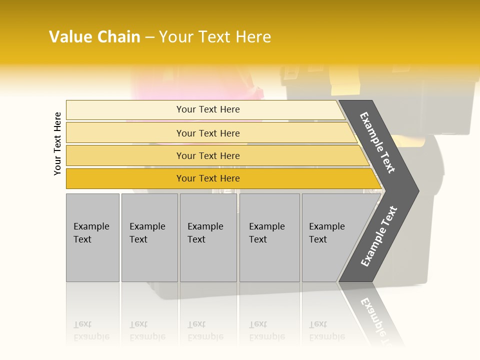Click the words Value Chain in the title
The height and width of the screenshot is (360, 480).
click(x=94, y=37)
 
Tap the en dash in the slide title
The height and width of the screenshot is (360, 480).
click(x=149, y=37)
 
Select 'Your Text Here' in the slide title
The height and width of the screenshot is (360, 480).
click(x=215, y=37)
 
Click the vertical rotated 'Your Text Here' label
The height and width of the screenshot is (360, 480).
click(x=57, y=144)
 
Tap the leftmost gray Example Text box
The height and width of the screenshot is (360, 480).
click(x=92, y=237)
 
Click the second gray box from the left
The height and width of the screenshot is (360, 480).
click(x=149, y=237)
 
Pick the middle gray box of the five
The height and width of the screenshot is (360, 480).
click(x=208, y=237)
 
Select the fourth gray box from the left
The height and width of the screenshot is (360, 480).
click(x=269, y=237)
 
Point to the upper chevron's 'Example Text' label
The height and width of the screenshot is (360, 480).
click(x=377, y=142)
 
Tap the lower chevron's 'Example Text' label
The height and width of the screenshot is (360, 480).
click(x=379, y=236)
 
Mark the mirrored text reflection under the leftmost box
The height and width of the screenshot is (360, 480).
click(x=91, y=331)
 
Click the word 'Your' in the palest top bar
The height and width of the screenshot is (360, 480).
click(x=185, y=109)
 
